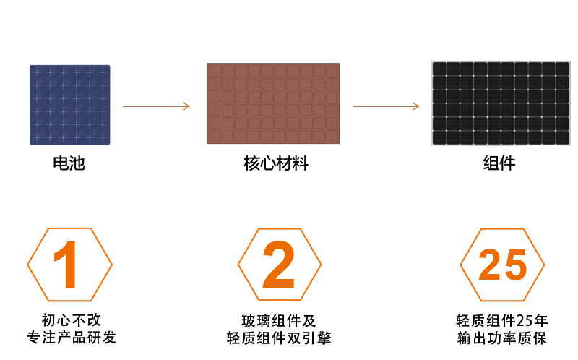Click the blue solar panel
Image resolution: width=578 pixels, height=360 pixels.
69,104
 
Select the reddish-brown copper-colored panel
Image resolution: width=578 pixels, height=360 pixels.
273,103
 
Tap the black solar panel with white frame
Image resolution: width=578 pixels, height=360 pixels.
501,103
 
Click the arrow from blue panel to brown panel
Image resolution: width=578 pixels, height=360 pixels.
155,106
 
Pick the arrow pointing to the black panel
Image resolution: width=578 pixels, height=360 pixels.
385,106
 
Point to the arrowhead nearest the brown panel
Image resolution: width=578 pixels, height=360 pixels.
187,106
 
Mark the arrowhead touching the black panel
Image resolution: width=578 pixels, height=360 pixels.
417,106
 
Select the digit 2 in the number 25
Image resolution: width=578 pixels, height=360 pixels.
490,265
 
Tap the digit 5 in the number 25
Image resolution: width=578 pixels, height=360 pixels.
514,265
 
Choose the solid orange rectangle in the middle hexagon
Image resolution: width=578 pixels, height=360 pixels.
278,264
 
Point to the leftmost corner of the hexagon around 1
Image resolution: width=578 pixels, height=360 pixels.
27,265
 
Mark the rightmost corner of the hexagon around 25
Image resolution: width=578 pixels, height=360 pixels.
544,265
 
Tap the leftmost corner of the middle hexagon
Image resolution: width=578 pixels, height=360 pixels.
238,265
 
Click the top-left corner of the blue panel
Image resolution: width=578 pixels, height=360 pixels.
30,65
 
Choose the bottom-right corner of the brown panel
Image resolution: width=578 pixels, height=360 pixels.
339,143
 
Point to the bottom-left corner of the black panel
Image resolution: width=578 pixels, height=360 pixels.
432,145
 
